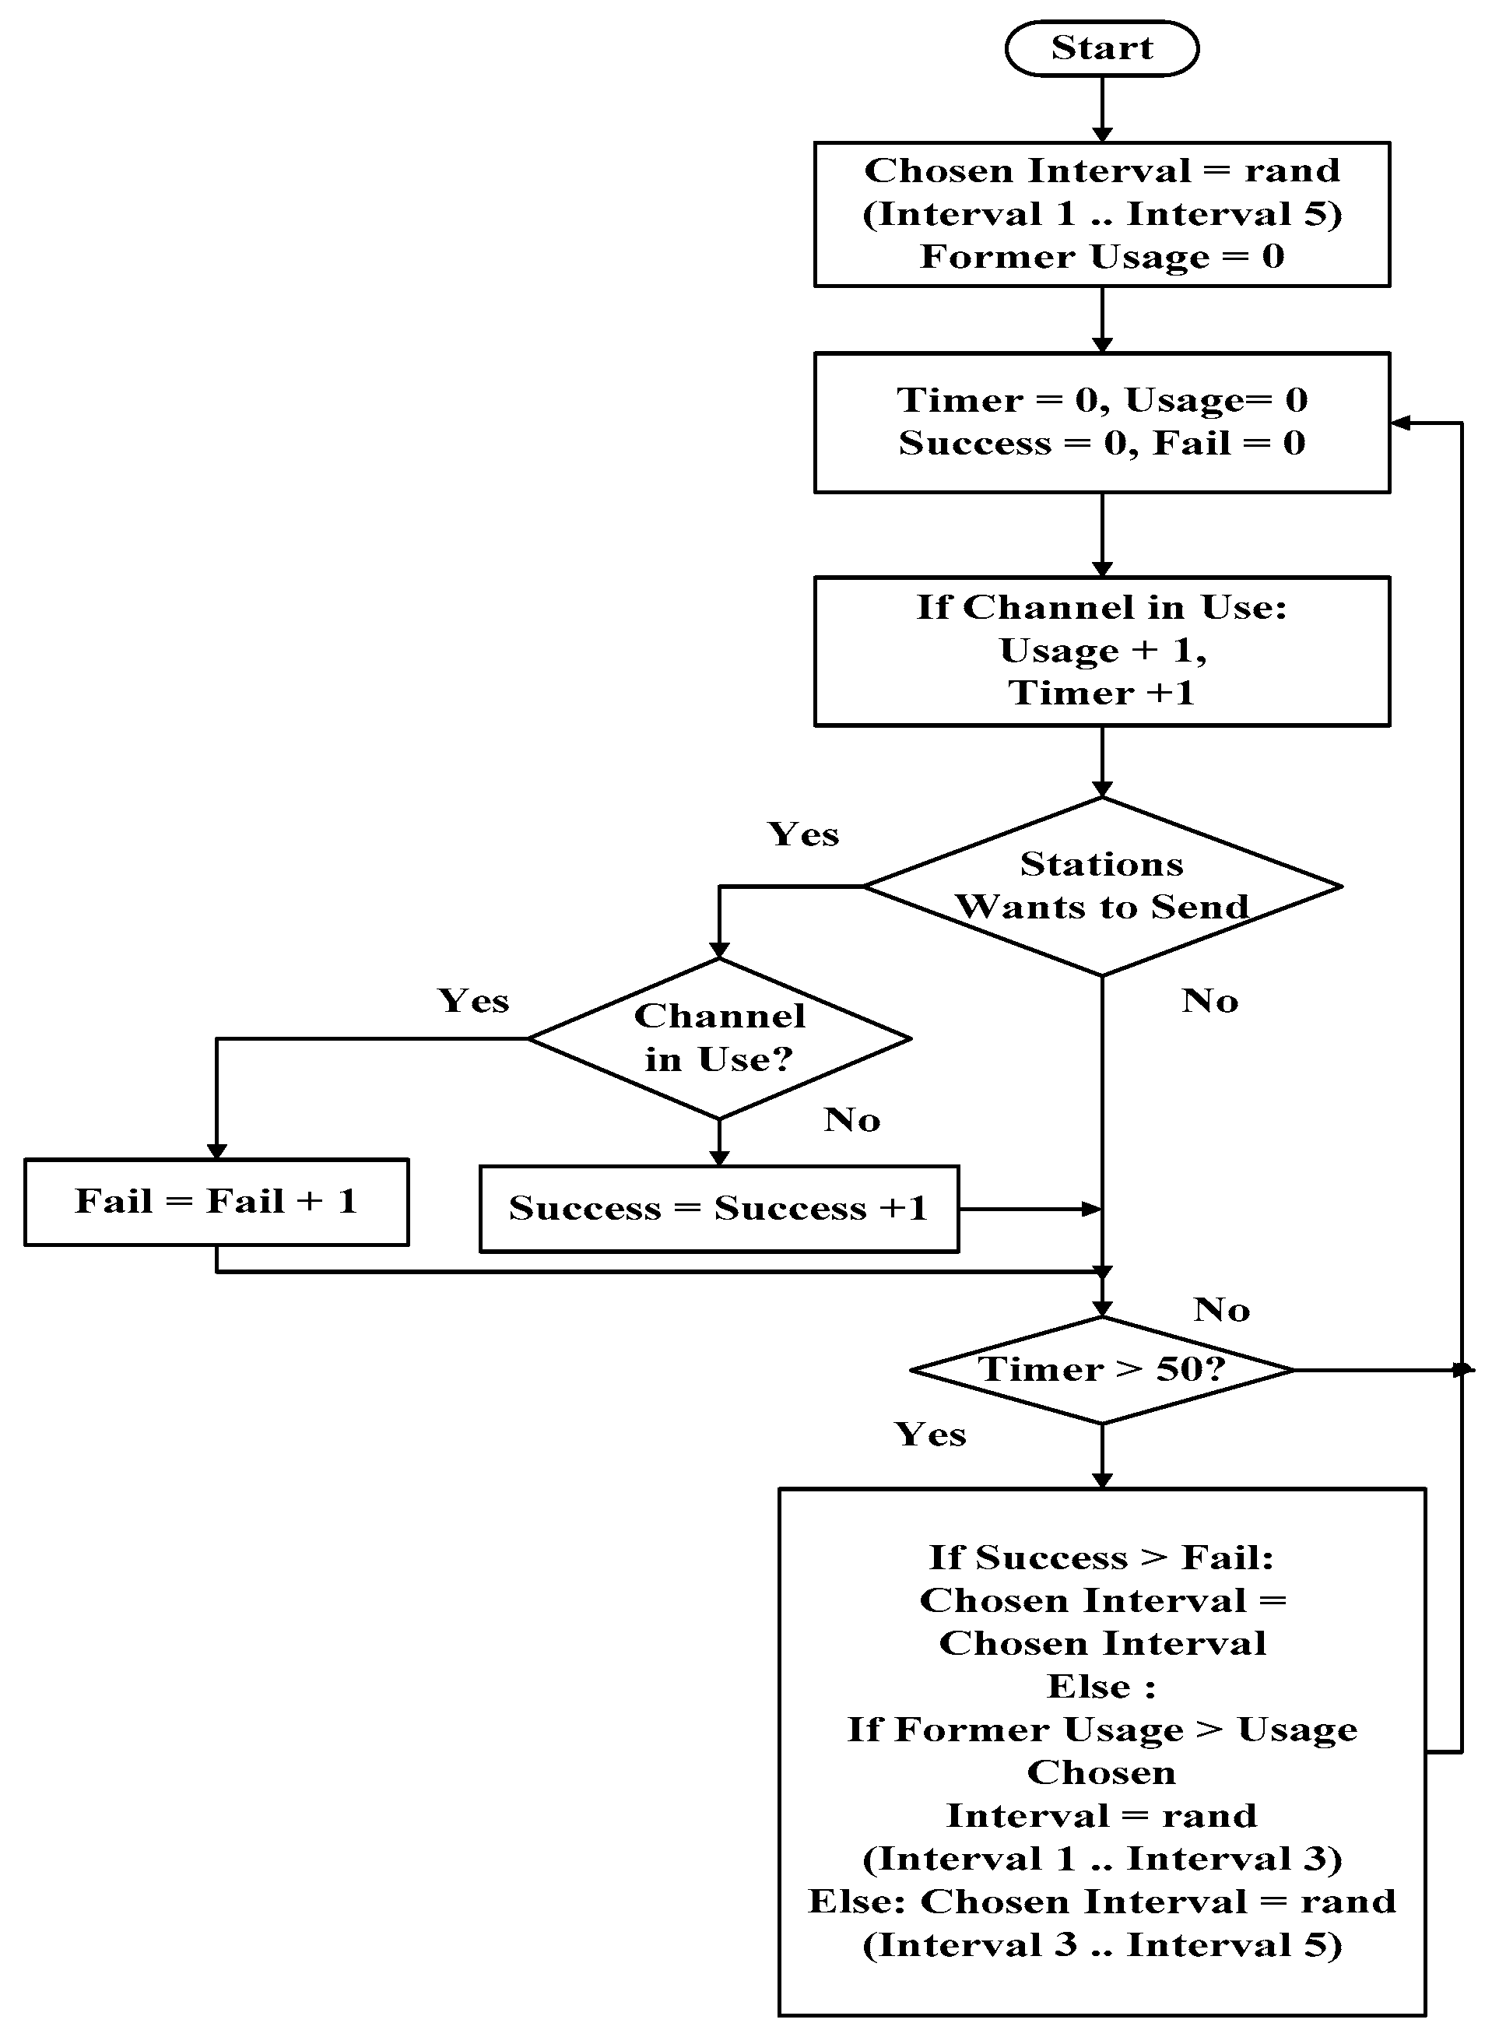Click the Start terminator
tap(1101, 49)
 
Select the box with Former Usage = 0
tap(1101, 214)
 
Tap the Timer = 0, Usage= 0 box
tap(1101, 422)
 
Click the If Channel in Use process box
tap(1101, 651)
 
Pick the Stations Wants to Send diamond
tap(1101, 885)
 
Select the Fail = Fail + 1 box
tap(216, 1202)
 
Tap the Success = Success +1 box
tap(719, 1209)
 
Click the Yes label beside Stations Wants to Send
tap(803, 834)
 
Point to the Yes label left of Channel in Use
tap(473, 1001)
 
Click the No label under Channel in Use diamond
tap(851, 1120)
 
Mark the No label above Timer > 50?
tap(1221, 1310)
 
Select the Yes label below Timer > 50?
tap(930, 1435)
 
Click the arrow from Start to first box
tap(1102, 108)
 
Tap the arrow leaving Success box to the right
tap(1030, 1209)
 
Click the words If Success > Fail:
tap(1101, 1558)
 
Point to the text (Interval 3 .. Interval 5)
tap(1101, 1945)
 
